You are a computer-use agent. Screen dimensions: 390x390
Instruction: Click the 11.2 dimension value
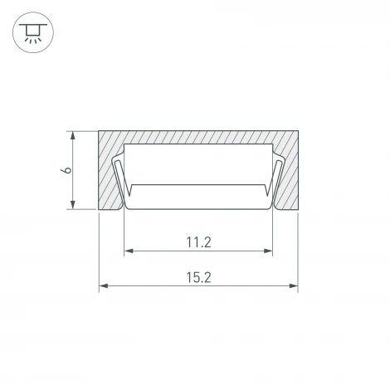tap(198, 242)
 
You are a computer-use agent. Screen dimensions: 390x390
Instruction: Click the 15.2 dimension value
tap(198, 277)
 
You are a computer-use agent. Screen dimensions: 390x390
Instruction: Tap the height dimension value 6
tap(66, 170)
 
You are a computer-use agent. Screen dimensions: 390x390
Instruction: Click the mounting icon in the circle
tap(33, 32)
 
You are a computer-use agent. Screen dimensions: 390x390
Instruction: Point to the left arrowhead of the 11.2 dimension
tap(129, 251)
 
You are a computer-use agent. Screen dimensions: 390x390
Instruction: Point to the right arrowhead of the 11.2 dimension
tap(268, 251)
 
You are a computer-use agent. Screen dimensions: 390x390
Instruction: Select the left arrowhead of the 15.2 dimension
tap(104, 285)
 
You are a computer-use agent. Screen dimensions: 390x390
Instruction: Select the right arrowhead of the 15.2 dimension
tap(293, 285)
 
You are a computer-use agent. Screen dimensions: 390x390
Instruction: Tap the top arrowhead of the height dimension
tap(73, 136)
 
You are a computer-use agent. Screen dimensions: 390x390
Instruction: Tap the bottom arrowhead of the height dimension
tap(73, 204)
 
